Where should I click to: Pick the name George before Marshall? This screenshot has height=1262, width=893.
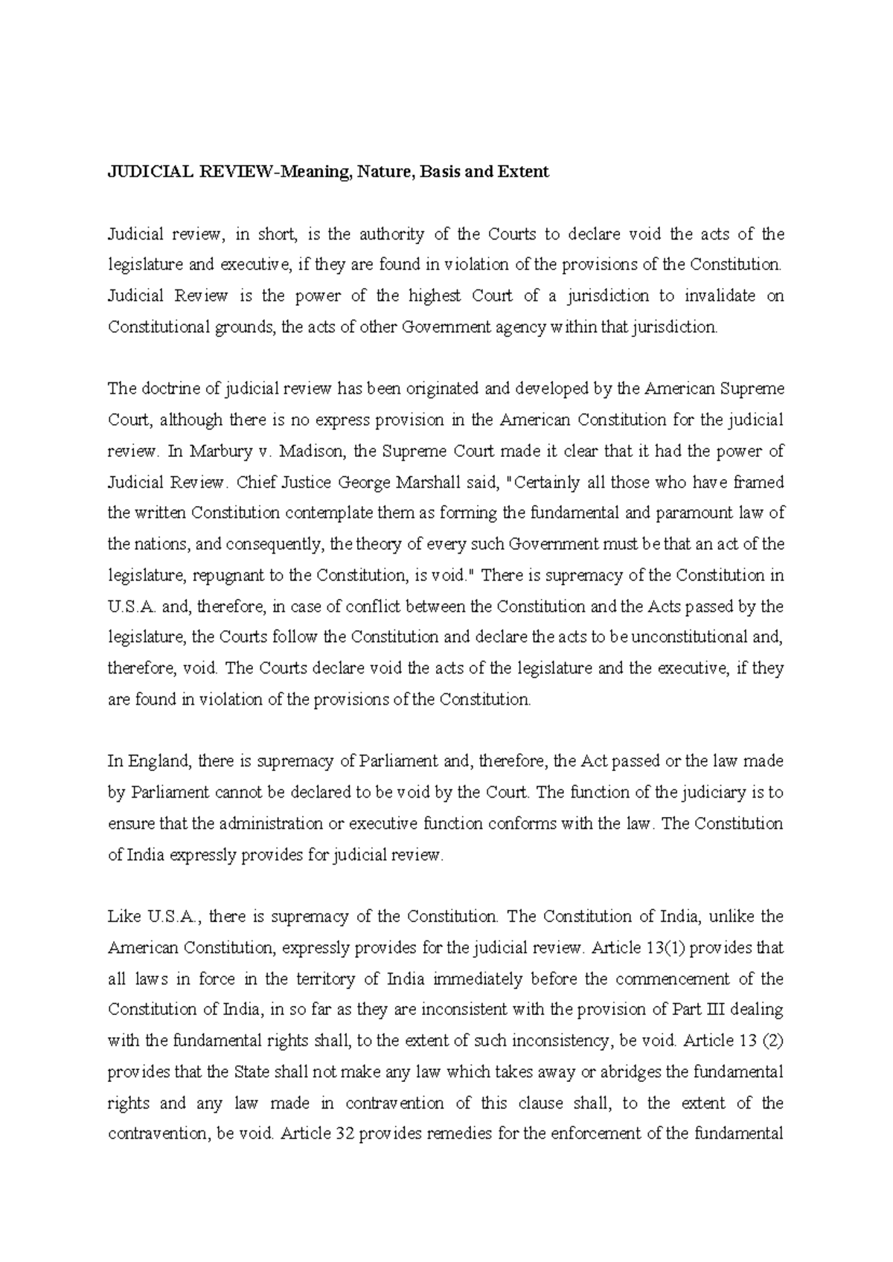point(370,482)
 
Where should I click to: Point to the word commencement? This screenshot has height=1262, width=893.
point(668,979)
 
